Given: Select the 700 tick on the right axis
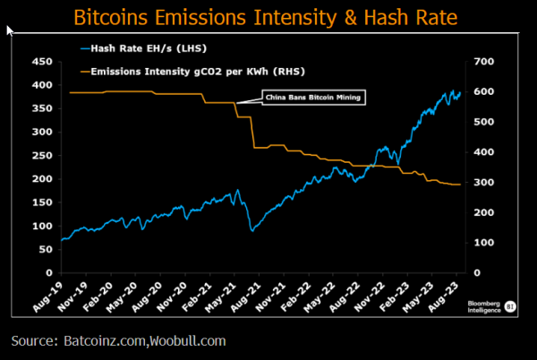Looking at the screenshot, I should pos(484,62).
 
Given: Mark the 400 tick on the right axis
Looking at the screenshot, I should pos(484,152).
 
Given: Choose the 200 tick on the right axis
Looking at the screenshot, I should pos(484,212).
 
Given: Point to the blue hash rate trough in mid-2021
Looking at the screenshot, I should pos(252,231).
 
